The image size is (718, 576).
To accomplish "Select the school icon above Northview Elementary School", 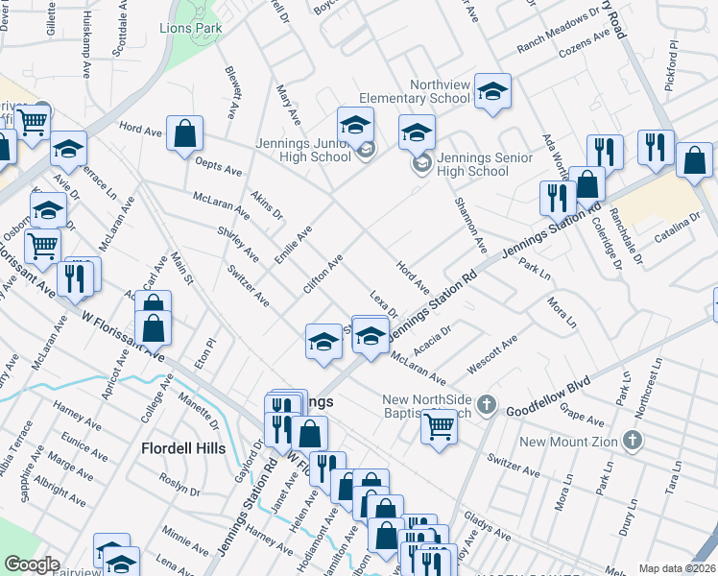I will [492, 92].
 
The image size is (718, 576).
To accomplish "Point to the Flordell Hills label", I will [182, 448].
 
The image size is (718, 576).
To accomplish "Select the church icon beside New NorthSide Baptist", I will [487, 402].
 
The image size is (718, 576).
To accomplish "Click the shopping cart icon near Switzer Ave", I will [440, 426].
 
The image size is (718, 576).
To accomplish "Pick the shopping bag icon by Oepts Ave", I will [184, 134].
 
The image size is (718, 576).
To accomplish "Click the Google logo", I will [31, 564].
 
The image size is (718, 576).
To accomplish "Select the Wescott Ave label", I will [491, 354].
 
